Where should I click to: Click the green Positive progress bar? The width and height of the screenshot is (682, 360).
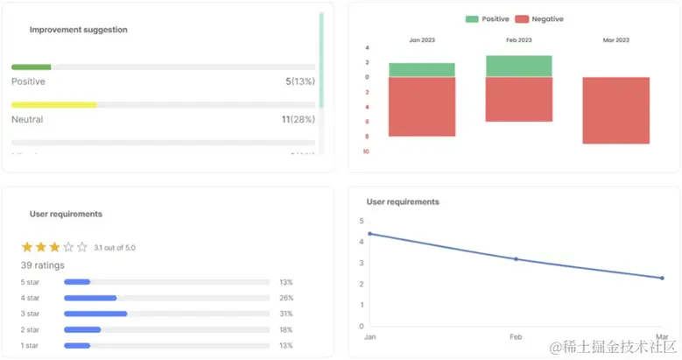click(32, 67)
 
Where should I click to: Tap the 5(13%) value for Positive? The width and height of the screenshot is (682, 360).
click(299, 81)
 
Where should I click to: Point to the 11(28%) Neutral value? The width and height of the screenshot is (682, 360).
click(298, 119)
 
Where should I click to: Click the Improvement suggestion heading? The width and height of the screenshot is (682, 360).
click(78, 30)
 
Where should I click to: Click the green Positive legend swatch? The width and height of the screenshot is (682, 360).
click(472, 18)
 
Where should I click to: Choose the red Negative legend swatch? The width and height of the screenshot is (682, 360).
click(522, 18)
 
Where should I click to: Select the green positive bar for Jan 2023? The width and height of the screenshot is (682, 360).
click(422, 70)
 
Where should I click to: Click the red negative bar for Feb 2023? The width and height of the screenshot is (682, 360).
click(519, 99)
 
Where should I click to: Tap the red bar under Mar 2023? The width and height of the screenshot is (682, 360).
click(615, 110)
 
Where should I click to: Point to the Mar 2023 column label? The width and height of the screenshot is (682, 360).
click(615, 40)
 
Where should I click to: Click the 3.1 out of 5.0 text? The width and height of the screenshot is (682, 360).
click(115, 248)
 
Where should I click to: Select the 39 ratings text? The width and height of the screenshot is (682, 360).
click(43, 265)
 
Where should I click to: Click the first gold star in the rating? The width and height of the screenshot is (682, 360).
click(27, 247)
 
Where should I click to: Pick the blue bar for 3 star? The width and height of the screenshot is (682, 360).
click(95, 313)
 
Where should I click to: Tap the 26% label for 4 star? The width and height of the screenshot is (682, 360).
click(285, 298)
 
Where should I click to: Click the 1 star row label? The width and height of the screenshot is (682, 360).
click(30, 345)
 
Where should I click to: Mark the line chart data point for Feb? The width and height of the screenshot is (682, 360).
click(516, 259)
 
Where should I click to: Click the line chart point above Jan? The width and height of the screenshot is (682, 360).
click(370, 234)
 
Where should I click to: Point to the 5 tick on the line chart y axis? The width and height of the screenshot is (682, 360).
click(362, 220)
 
